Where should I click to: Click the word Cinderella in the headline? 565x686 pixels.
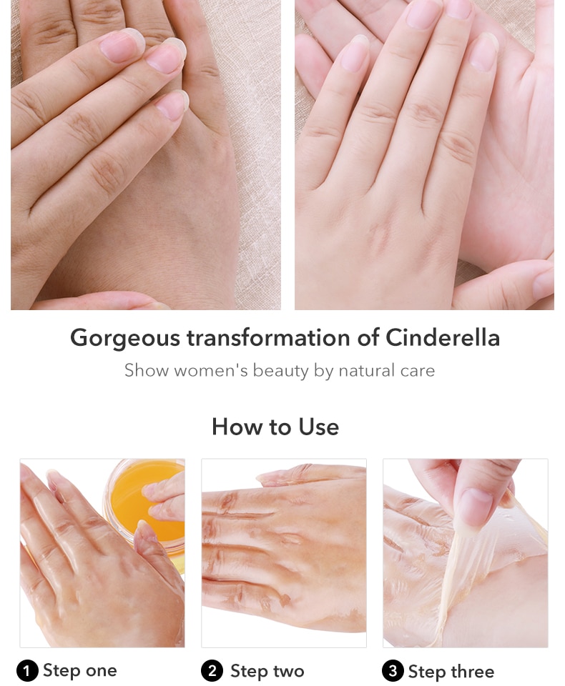443,338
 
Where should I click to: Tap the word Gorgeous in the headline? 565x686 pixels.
125,339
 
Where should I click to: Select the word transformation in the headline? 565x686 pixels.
268,338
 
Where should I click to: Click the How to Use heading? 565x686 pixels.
275,427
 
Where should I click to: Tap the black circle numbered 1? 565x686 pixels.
27,671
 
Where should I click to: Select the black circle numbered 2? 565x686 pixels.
212,671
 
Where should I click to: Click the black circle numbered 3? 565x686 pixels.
393,671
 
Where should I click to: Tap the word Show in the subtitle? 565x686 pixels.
147,371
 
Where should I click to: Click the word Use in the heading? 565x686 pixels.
319,427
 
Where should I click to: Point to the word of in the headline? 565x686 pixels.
368,338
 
